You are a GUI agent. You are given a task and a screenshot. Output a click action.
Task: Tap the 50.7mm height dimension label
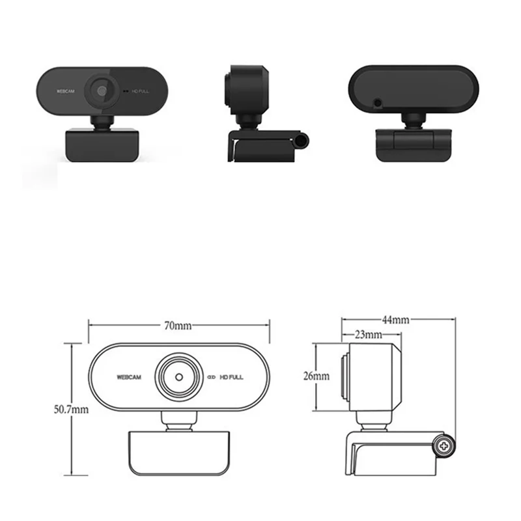click(x=71, y=410)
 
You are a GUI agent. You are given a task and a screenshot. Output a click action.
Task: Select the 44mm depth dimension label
click(x=395, y=320)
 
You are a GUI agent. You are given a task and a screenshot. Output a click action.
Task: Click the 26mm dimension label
click(x=316, y=376)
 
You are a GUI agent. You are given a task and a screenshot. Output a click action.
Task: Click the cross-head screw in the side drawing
click(x=445, y=446)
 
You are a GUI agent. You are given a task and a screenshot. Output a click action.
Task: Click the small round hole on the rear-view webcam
click(x=376, y=103)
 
